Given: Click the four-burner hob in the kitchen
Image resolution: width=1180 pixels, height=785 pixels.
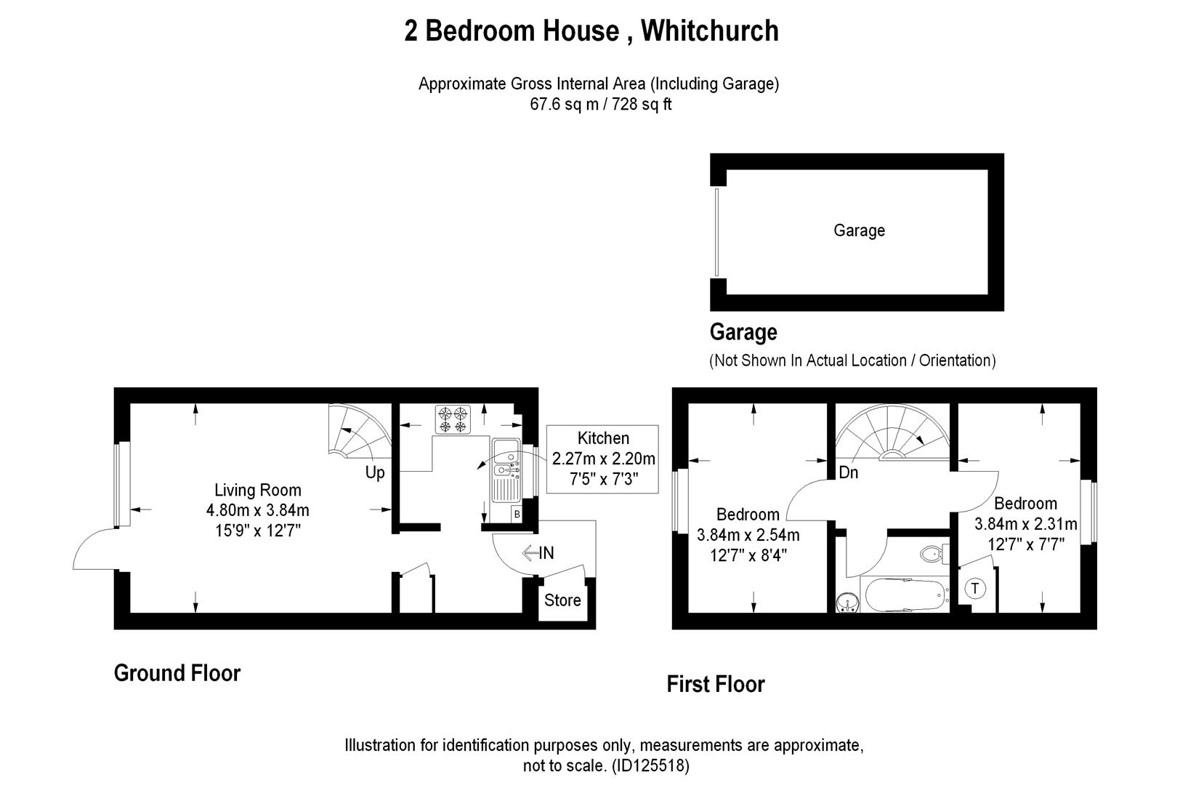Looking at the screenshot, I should click(452, 419).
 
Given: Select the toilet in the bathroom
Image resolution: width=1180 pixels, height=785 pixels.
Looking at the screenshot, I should click(933, 554).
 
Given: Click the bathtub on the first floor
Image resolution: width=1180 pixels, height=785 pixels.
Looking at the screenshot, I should click(905, 595).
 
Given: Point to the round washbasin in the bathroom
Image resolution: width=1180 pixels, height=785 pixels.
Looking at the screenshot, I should click(846, 603).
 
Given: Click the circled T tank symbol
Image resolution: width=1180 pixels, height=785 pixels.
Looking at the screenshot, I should click(975, 589).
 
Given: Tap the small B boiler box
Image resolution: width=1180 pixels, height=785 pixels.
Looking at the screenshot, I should click(517, 514).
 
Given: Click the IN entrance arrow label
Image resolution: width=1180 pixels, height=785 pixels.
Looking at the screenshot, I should click(538, 553).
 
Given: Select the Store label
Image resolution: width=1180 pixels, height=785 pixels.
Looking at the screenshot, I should click(562, 600).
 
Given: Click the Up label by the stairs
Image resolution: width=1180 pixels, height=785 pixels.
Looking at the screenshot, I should click(375, 472).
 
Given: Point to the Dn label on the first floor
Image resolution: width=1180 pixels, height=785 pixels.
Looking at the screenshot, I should click(848, 472).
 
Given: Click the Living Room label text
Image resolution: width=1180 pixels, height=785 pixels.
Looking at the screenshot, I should click(258, 491).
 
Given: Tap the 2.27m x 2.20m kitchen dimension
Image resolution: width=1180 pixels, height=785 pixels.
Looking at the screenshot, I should click(603, 459).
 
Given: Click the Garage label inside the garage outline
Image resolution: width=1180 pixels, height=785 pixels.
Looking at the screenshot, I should click(859, 230).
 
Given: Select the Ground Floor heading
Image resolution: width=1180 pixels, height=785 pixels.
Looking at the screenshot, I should click(177, 673).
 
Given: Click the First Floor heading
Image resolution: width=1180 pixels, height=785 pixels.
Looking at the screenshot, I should click(716, 684).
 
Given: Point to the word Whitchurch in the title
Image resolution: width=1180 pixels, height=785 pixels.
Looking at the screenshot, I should click(710, 31).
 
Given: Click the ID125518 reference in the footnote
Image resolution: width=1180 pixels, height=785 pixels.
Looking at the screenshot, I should click(650, 765).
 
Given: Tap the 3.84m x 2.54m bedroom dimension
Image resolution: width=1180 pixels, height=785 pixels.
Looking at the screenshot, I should click(748, 536).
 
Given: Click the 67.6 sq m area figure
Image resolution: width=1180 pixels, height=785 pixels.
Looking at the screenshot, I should click(564, 104).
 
